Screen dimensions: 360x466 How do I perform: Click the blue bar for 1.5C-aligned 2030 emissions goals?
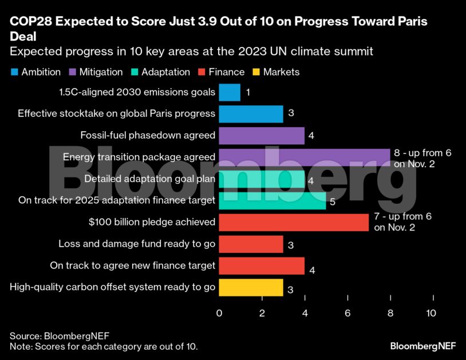(x=230, y=92)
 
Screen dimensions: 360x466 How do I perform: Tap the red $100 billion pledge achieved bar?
(x=294, y=222)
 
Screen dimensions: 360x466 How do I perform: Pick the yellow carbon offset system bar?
(x=251, y=287)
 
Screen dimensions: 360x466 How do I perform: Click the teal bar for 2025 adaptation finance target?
(x=273, y=200)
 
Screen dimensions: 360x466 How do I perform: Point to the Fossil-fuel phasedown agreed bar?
(x=262, y=136)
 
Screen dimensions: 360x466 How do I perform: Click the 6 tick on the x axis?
(x=347, y=313)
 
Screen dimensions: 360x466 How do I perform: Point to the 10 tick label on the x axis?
(x=431, y=313)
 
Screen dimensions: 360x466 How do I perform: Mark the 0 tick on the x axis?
(x=219, y=313)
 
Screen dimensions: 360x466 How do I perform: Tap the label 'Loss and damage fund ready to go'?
(x=137, y=244)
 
